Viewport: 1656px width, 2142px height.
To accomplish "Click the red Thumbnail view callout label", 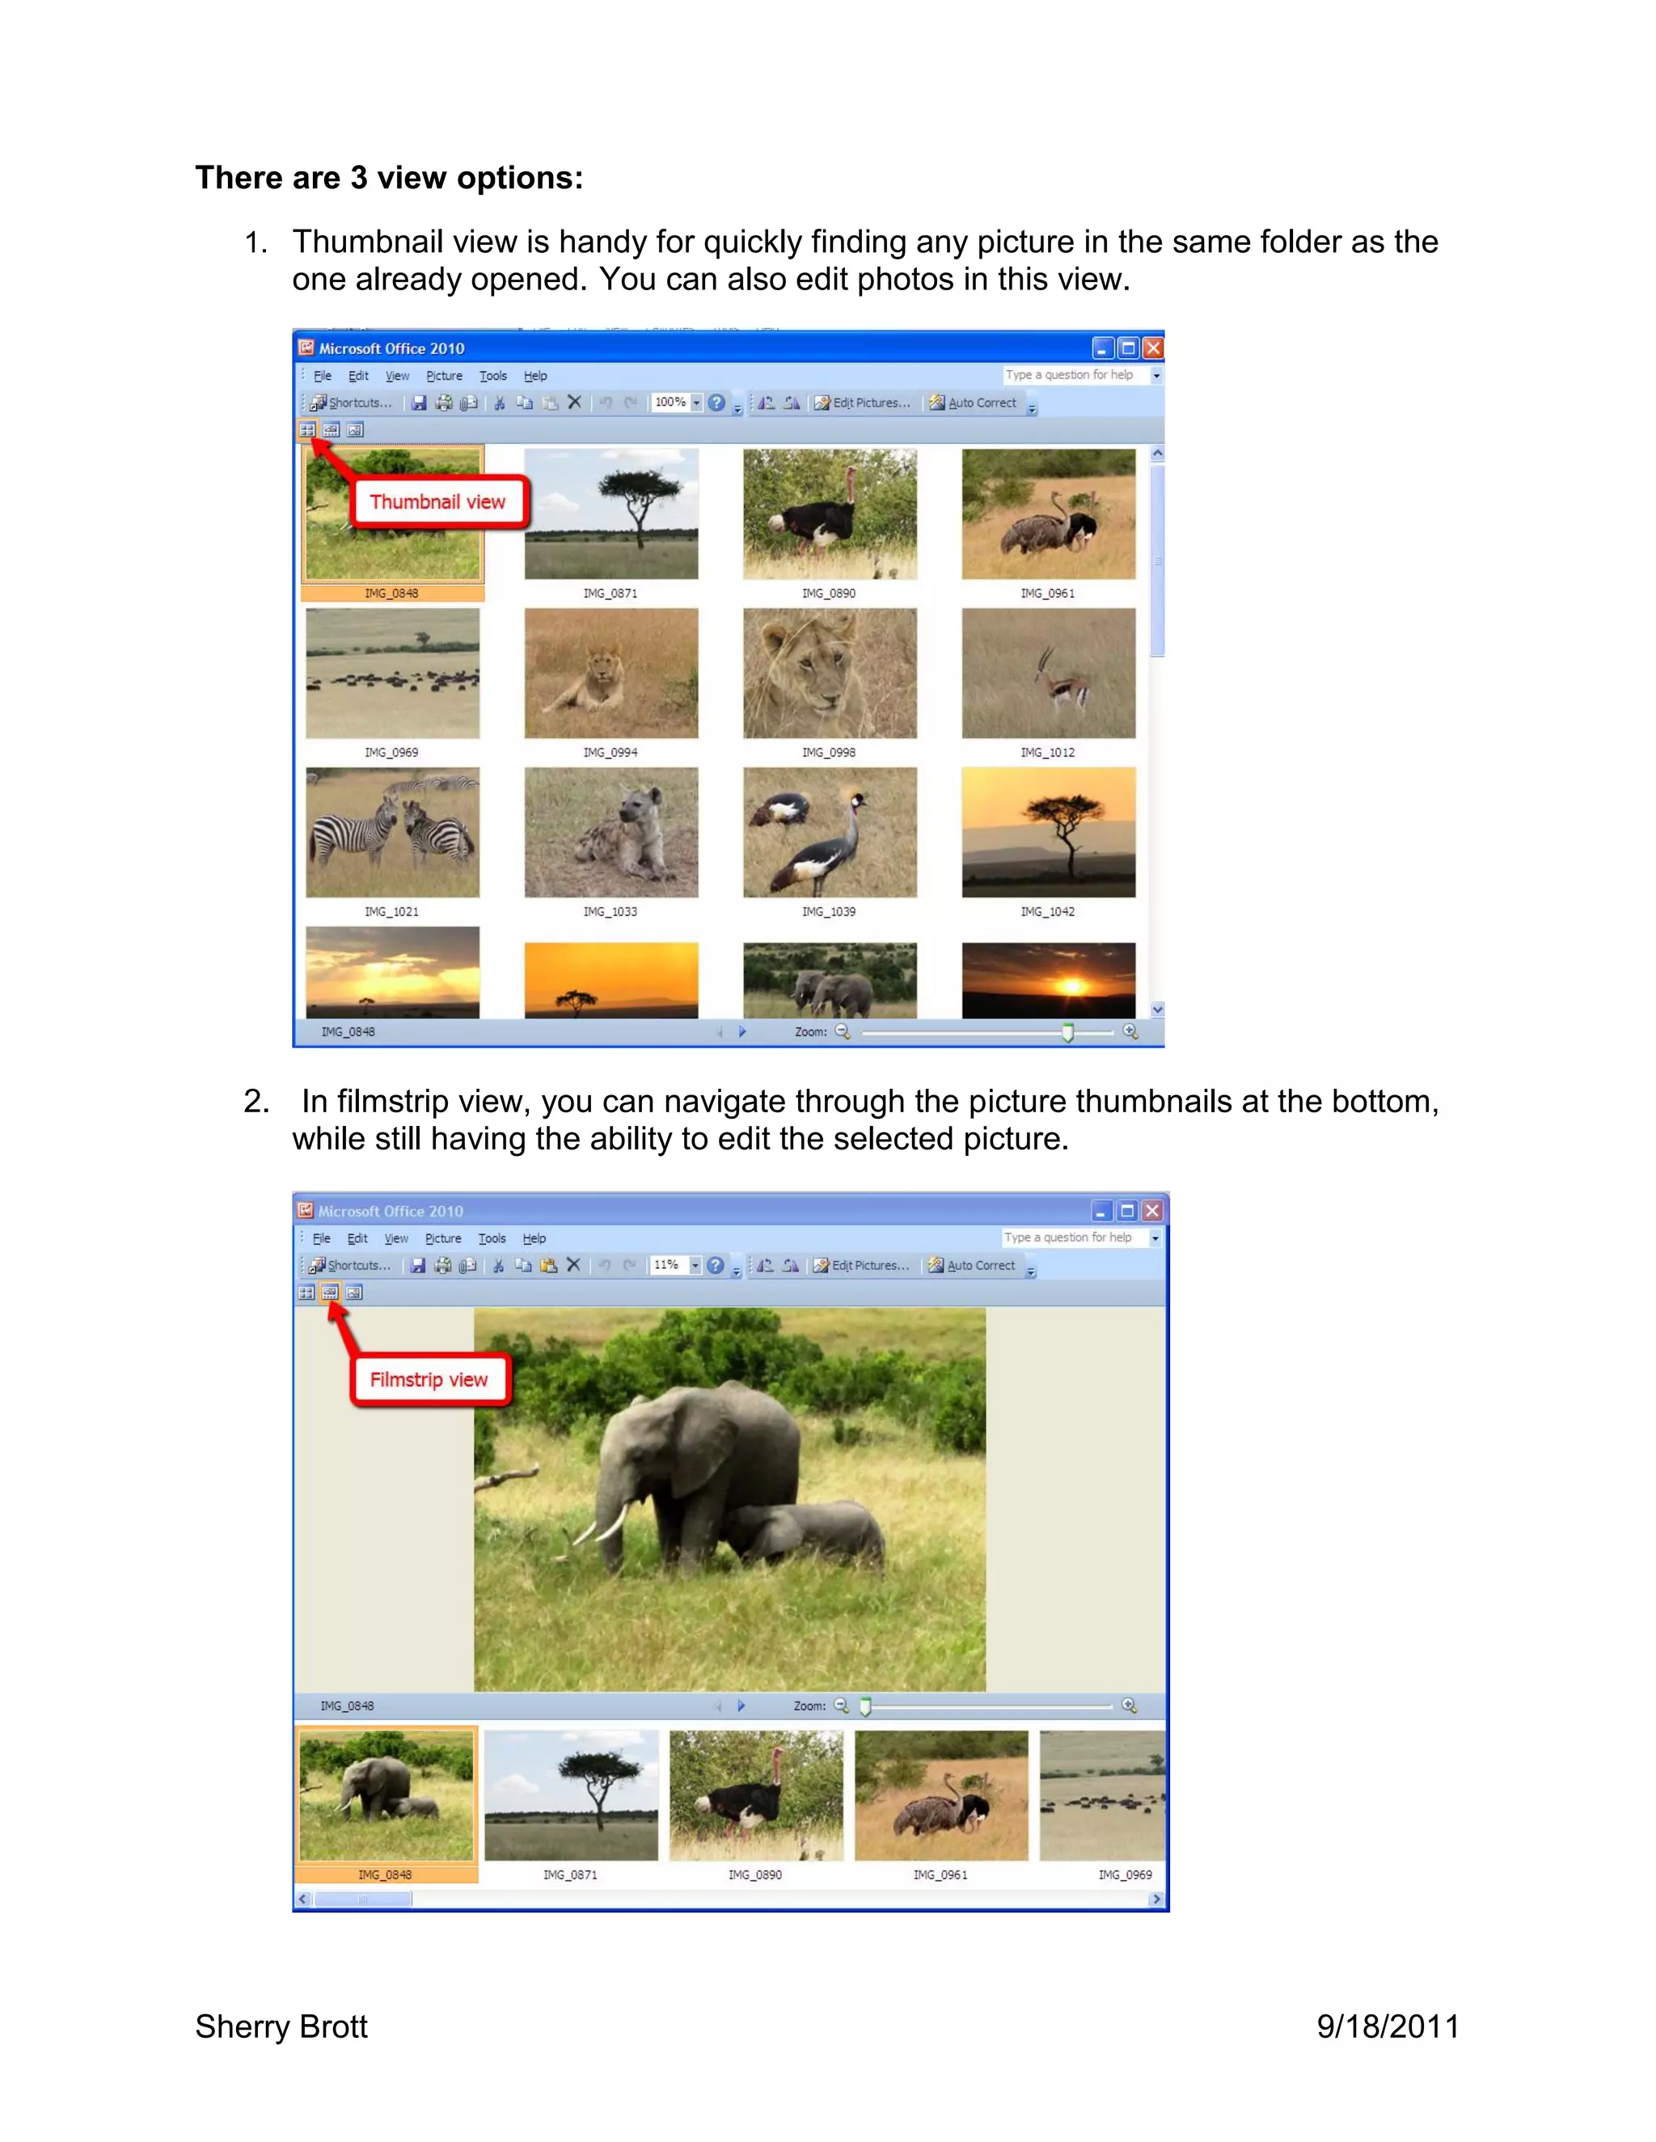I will [437, 502].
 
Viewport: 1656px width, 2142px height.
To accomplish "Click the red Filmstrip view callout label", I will [429, 1380].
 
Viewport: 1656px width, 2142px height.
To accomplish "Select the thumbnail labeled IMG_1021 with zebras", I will [392, 833].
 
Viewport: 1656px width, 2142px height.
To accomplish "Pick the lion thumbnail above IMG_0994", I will [611, 673].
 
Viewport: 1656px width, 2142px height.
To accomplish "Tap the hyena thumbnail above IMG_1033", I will [611, 833].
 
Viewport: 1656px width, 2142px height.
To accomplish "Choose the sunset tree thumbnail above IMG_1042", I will [1049, 833].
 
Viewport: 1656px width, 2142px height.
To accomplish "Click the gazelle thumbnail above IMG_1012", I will [1049, 673].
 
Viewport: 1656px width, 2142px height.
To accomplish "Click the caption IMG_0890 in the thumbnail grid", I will [829, 593].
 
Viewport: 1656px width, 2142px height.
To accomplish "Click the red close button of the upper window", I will [1154, 348].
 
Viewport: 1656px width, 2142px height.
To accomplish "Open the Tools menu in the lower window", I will [492, 1238].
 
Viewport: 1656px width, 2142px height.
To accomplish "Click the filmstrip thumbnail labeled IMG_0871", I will [571, 1796].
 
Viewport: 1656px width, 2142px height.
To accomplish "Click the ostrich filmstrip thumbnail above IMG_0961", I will [942, 1796].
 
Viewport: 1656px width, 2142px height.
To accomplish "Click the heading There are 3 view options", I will [390, 178].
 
